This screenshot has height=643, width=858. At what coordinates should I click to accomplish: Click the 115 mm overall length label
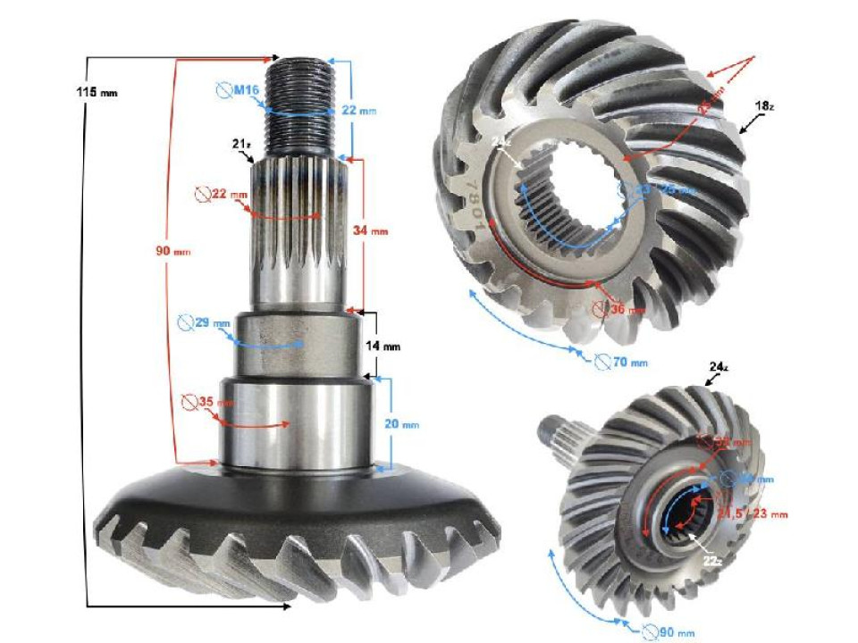click(97, 92)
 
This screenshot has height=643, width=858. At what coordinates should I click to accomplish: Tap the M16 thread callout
click(239, 90)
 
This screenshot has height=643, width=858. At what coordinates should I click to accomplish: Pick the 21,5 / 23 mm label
click(758, 514)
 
